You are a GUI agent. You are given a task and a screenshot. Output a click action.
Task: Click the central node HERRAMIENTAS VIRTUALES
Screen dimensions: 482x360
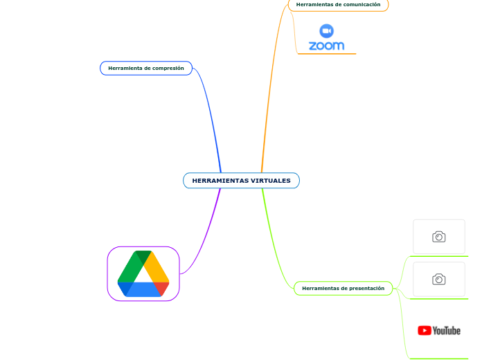coord(241,181)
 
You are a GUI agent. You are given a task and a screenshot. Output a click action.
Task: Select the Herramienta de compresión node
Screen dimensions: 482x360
coord(146,69)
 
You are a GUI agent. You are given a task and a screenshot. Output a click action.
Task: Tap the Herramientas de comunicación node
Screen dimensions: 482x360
coord(338,5)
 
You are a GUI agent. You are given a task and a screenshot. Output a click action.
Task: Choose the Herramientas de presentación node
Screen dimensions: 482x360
coord(343,289)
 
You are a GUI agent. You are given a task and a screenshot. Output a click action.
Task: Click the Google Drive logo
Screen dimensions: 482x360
coord(143,273)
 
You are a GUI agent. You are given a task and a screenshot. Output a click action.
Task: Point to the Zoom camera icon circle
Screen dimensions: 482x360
coord(326,31)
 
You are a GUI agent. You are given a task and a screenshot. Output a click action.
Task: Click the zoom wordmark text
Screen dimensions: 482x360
coord(326,46)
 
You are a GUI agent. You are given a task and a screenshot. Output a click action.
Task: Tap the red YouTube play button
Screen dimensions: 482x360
coord(425,330)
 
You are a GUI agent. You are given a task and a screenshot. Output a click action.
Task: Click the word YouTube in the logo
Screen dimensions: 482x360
coord(447,331)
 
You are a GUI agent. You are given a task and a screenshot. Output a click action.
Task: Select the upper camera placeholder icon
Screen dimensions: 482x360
coord(438,237)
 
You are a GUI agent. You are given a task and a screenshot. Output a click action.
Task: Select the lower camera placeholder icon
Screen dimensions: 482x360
coord(438,279)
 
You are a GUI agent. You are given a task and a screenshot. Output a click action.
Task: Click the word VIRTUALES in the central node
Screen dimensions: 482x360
coord(271,181)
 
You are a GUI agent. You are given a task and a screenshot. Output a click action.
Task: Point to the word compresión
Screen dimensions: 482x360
coord(168,69)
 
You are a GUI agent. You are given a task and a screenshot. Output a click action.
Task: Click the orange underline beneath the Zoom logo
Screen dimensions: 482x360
coord(327,54)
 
